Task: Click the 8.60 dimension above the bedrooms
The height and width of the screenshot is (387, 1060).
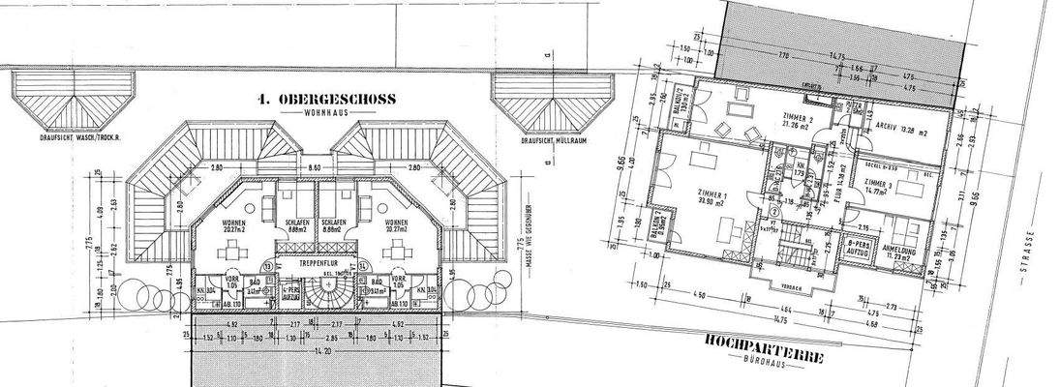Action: pos(314,169)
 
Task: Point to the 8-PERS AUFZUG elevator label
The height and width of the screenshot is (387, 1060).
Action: pos(856,248)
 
